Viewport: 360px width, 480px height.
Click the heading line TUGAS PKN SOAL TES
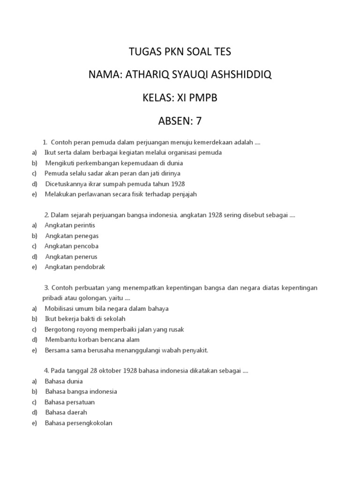pyautogui.click(x=180, y=52)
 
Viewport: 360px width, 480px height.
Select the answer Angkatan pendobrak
pyautogui.click(x=75, y=267)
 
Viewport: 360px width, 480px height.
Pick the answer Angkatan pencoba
pyautogui.click(x=71, y=246)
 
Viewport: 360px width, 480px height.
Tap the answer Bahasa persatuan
pyautogui.click(x=69, y=402)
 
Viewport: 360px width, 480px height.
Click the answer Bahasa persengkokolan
pyautogui.click(x=78, y=423)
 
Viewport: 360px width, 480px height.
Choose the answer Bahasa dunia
pyautogui.click(x=64, y=381)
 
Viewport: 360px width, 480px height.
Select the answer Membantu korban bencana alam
pyautogui.click(x=92, y=340)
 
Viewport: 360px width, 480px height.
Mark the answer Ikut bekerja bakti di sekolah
pyautogui.click(x=85, y=319)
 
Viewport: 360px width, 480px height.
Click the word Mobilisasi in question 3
pyautogui.click(x=61, y=308)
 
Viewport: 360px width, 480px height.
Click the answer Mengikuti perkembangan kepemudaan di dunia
pyautogui.click(x=114, y=163)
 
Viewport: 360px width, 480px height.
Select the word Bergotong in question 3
pyautogui.click(x=60, y=330)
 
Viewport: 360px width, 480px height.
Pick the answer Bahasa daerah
pyautogui.click(x=66, y=412)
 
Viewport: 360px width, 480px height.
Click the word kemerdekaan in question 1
pyautogui.click(x=220, y=142)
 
